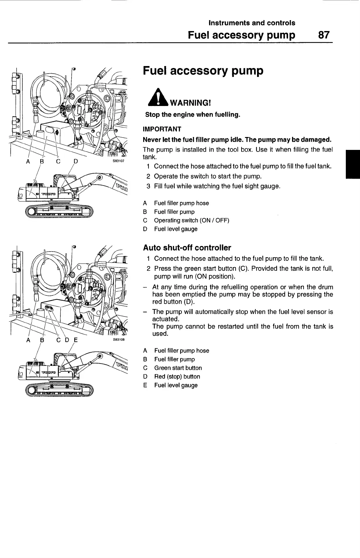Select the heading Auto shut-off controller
[187, 248]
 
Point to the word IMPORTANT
[162, 129]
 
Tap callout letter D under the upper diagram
[76, 161]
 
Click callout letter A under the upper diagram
[28, 161]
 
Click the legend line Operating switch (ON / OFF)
[191, 220]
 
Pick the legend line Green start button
[178, 368]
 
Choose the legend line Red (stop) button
[177, 376]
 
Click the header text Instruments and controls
[252, 23]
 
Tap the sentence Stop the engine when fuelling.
[193, 115]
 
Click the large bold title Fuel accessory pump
[203, 71]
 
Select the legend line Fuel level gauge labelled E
[176, 385]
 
